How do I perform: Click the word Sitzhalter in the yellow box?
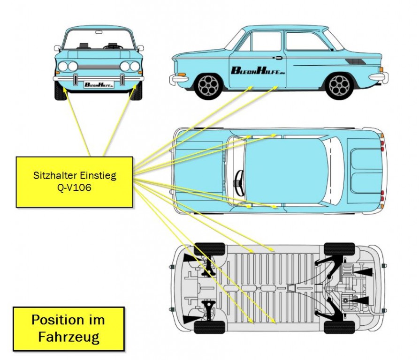(x=53, y=176)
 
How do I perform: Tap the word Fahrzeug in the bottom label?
(x=69, y=337)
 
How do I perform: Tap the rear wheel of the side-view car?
(x=339, y=85)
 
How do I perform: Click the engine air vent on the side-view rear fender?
(x=355, y=61)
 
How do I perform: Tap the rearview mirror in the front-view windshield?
(x=99, y=32)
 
